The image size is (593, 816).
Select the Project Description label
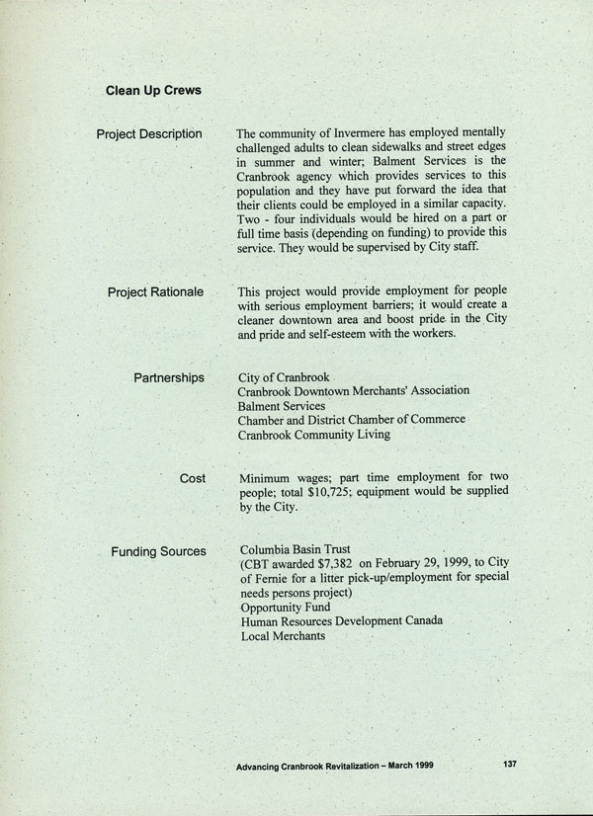click(x=149, y=134)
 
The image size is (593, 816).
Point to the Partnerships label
click(x=169, y=378)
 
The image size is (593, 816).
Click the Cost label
click(x=193, y=478)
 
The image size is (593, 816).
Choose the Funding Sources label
click(x=158, y=551)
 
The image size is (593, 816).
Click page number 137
click(x=511, y=764)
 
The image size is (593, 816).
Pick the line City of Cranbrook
click(x=284, y=378)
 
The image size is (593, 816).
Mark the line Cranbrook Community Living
click(x=314, y=435)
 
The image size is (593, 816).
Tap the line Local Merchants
click(x=283, y=635)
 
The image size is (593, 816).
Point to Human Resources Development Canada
click(x=341, y=621)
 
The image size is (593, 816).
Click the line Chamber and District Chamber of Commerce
click(x=351, y=421)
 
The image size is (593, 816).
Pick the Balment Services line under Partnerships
click(x=282, y=406)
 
